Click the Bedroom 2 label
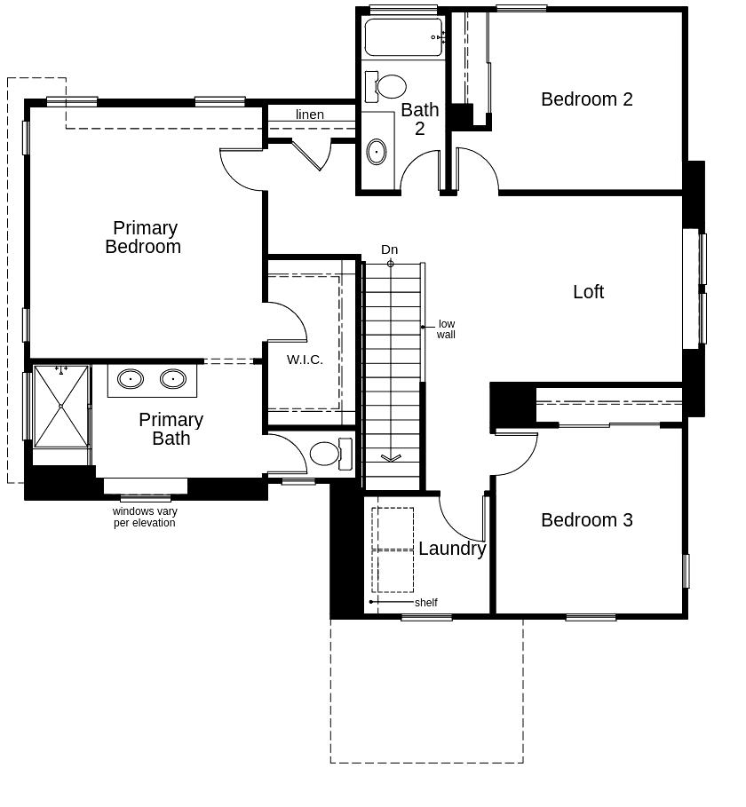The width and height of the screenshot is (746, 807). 586,99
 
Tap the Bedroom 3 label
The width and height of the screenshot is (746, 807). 586,520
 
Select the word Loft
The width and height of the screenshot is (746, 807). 588,292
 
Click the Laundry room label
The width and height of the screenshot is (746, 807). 452,549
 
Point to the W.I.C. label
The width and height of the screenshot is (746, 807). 305,360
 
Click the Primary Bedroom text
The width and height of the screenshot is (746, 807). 144,238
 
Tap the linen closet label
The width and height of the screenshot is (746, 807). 310,115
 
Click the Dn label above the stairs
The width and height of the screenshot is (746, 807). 389,249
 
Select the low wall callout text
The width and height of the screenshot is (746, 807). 446,329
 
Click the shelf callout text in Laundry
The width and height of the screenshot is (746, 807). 425,603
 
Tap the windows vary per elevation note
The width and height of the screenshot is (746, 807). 145,518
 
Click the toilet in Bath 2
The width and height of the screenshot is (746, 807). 388,87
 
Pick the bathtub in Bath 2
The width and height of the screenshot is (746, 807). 402,37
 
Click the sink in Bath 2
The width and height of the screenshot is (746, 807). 377,151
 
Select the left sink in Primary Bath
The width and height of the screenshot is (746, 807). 131,379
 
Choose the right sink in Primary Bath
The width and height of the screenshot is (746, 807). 173,379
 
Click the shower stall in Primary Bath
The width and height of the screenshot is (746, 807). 61,406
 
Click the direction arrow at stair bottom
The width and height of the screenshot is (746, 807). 391,458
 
